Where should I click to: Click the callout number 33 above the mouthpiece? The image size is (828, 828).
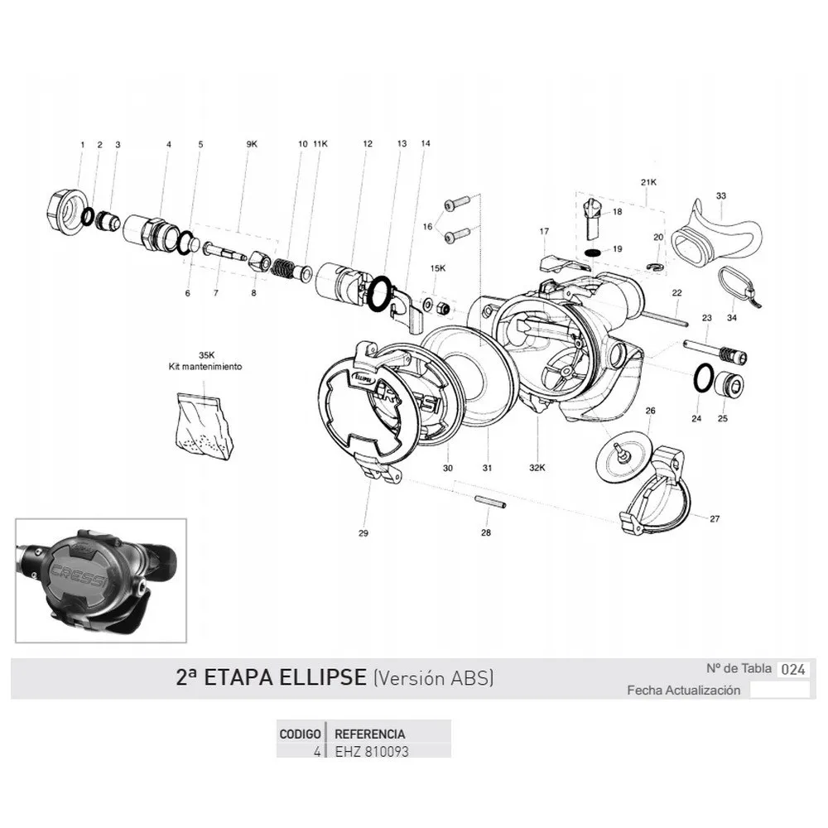pyautogui.click(x=721, y=196)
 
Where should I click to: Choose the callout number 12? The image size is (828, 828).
pyautogui.click(x=368, y=144)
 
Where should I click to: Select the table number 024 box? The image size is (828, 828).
pyautogui.click(x=793, y=670)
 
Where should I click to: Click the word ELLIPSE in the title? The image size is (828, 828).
pyautogui.click(x=320, y=678)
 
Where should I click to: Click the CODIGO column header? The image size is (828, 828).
pyautogui.click(x=301, y=734)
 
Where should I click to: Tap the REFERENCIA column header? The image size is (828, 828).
pyautogui.click(x=368, y=734)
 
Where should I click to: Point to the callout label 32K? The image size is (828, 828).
pyautogui.click(x=538, y=468)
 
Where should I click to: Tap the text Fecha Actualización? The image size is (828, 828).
pyautogui.click(x=683, y=691)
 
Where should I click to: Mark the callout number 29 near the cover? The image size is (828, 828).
pyautogui.click(x=363, y=533)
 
